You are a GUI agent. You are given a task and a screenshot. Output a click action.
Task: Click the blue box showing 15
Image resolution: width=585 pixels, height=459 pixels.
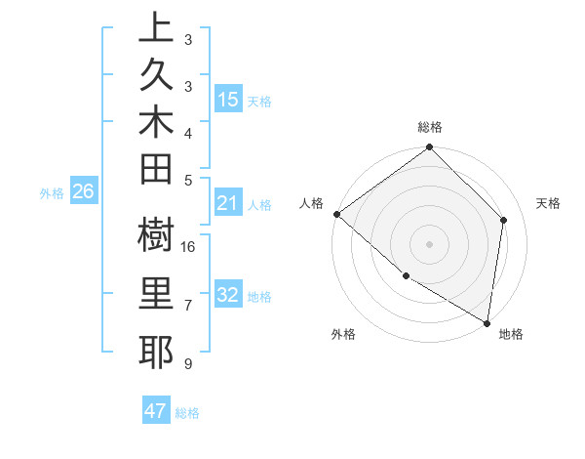tap(228, 100)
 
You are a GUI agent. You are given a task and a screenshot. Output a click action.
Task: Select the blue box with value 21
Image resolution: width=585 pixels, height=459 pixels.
tap(228, 203)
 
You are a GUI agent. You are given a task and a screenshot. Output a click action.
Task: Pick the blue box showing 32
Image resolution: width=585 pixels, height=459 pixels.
tap(228, 295)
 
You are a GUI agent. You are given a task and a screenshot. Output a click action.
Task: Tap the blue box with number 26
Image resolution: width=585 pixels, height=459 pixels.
tap(84, 191)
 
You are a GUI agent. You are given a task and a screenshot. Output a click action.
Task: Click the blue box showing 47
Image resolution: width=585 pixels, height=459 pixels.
tap(156, 411)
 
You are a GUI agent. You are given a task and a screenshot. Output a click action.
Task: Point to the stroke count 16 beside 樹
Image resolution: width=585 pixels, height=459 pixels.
tap(189, 247)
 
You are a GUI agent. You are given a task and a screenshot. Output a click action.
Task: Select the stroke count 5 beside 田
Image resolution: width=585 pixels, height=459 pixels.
tap(187, 180)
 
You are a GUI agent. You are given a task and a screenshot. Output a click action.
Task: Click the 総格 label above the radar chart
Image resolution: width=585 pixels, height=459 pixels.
tap(430, 127)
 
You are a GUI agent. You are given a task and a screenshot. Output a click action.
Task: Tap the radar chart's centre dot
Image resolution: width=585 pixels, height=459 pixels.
tap(429, 243)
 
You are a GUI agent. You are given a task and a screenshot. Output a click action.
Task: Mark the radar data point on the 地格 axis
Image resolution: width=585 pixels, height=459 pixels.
tap(487, 322)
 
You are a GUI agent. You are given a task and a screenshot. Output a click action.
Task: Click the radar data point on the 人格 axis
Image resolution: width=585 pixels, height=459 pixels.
tap(336, 214)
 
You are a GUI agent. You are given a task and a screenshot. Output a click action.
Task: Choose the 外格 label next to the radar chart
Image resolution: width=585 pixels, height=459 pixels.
tap(343, 334)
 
